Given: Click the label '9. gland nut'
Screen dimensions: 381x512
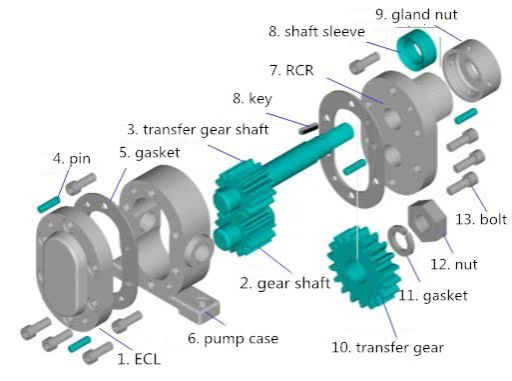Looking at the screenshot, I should [417, 14].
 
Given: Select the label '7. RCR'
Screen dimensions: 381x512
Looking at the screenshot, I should [301, 71].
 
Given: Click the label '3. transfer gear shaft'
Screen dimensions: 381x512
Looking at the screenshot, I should [198, 129].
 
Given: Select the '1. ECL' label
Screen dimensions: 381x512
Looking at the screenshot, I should [139, 357].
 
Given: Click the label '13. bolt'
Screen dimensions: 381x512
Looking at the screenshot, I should [480, 219].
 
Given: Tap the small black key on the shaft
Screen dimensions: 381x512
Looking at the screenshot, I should [308, 126].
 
